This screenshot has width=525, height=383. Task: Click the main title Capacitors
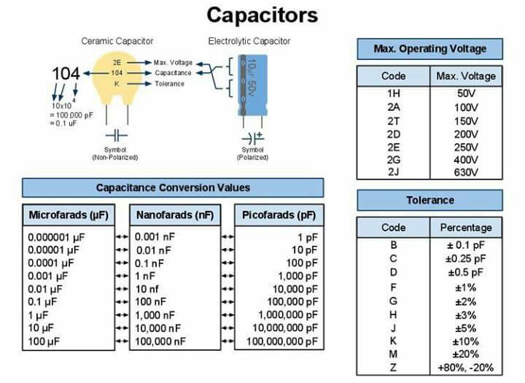point(262,15)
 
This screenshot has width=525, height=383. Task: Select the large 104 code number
point(66,74)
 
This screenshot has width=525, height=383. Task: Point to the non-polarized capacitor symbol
point(115,136)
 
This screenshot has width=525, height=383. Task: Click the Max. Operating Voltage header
point(429,49)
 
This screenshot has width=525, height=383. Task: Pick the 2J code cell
point(393,172)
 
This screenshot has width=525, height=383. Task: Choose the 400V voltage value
point(465,160)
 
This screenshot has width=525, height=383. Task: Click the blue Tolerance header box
point(429,200)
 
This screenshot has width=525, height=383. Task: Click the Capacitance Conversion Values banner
point(173,187)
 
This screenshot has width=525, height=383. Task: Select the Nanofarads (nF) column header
point(174,215)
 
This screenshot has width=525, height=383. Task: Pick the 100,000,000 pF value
point(282,341)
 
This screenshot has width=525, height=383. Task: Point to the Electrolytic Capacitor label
point(249,41)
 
